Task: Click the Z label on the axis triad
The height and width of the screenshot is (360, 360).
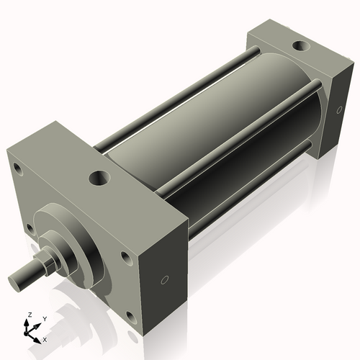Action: click(29, 315)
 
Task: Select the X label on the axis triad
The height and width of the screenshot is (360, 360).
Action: click(45, 338)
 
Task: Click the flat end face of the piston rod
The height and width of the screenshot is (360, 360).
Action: click(15, 277)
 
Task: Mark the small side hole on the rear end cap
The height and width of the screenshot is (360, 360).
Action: click(340, 109)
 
